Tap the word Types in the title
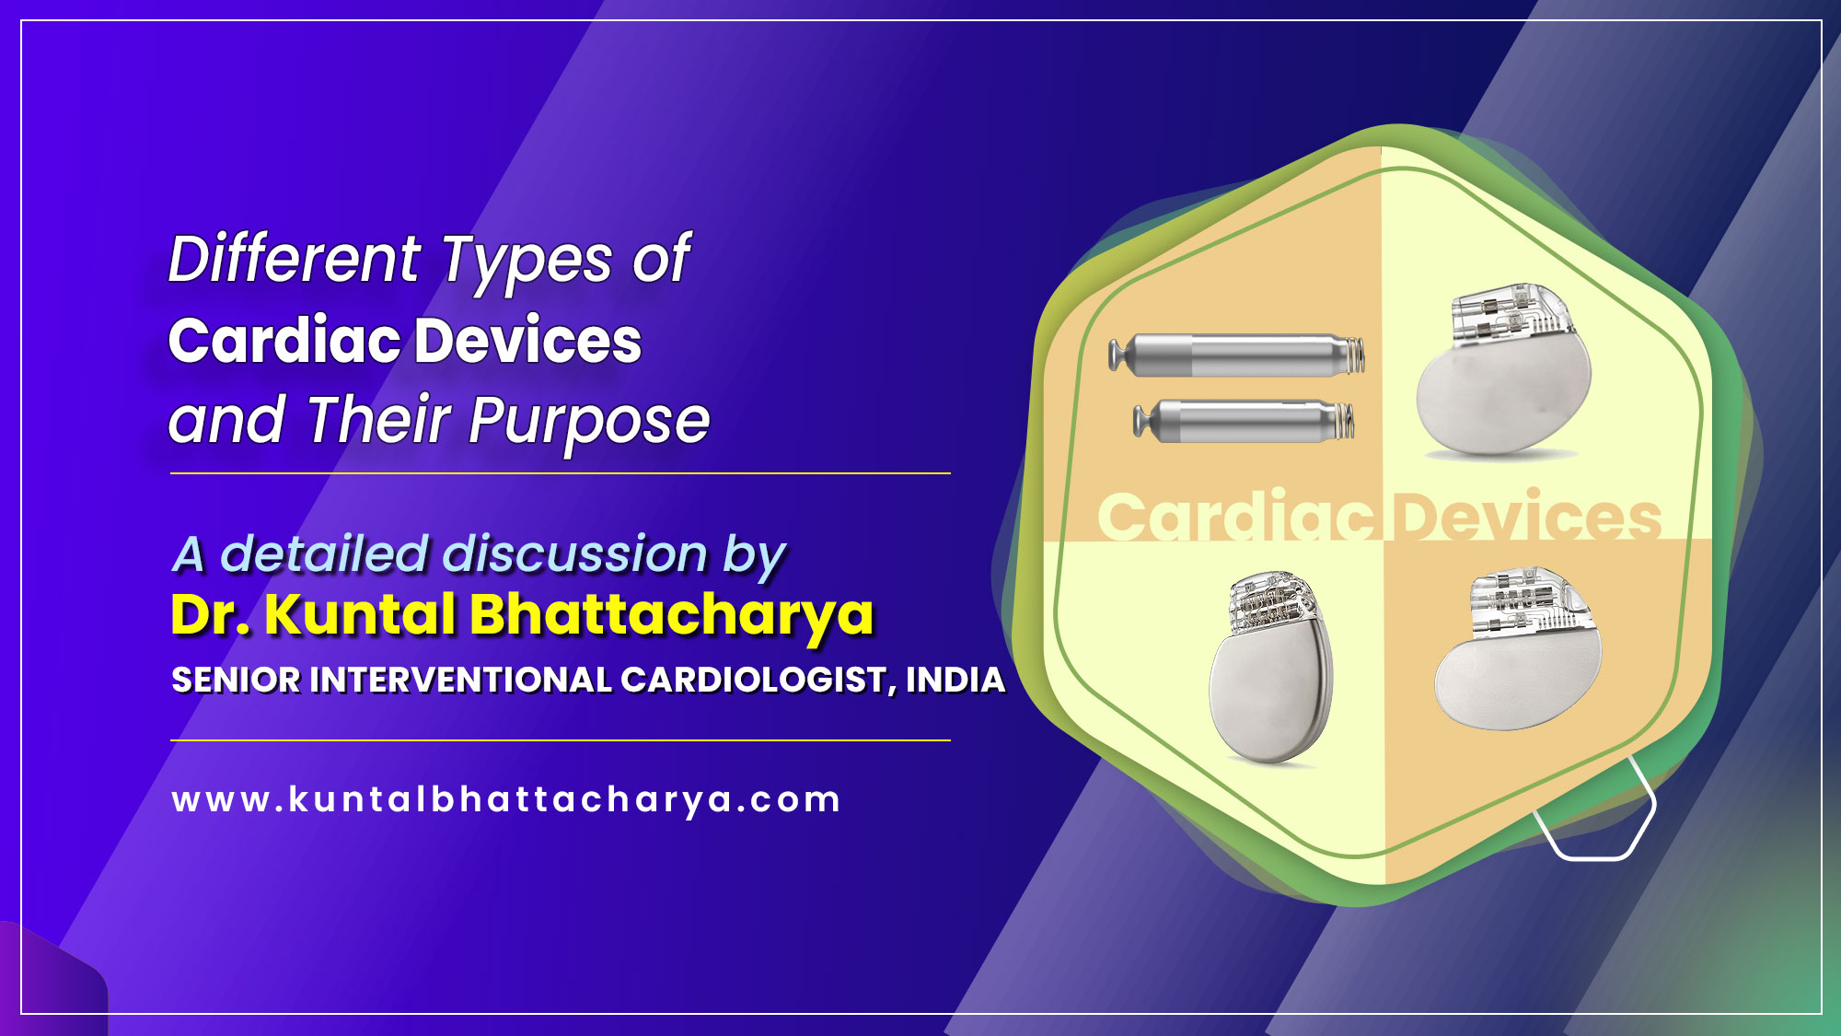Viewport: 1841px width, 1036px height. click(527, 261)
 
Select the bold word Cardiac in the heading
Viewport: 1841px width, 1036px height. click(284, 341)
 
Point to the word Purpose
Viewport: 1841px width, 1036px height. click(589, 422)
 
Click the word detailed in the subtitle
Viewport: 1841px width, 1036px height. click(325, 554)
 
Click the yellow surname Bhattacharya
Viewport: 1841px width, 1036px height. click(672, 614)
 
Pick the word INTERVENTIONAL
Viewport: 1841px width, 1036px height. click(462, 681)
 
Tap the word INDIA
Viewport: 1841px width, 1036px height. click(955, 681)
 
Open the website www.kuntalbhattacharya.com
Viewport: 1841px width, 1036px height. click(506, 799)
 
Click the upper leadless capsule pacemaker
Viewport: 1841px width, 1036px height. click(1236, 355)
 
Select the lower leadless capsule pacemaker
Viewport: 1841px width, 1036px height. click(1244, 422)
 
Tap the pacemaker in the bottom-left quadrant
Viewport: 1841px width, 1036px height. click(1271, 670)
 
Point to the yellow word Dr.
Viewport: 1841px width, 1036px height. click(210, 614)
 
